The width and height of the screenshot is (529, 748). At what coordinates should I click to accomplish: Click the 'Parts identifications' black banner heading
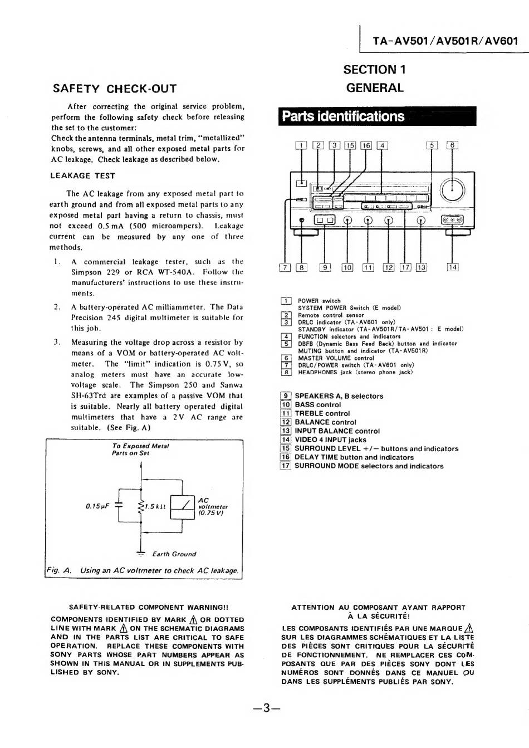point(344,116)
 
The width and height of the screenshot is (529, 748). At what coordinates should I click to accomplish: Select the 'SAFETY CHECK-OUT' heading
point(114,89)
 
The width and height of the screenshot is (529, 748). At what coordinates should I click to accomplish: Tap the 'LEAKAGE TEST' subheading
point(82,175)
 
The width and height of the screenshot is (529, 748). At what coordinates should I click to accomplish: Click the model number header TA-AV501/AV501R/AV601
point(445,41)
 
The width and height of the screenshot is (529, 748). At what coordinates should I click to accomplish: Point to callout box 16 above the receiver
point(366,146)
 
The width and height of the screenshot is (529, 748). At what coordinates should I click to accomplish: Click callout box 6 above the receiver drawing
point(452,145)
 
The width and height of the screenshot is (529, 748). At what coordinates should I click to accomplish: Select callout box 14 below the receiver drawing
point(452,267)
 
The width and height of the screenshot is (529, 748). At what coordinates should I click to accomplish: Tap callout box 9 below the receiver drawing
point(325,267)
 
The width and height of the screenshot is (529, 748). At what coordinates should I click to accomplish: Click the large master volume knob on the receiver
point(452,190)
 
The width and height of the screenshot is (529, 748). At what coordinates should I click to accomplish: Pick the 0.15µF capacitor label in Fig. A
point(97,506)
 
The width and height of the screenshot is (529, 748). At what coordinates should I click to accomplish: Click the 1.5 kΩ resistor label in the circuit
point(155,506)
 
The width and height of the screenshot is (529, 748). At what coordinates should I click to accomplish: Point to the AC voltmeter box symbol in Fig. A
point(183,506)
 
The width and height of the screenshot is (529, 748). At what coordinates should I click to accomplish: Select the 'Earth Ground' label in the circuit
point(174,554)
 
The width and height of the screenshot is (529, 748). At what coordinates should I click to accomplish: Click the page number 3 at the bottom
point(266,708)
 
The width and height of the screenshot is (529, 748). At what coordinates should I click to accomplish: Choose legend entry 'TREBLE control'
point(322,413)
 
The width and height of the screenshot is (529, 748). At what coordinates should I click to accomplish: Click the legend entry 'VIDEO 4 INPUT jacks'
point(330,439)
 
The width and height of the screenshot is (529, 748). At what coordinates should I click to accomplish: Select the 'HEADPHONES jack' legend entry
point(355,372)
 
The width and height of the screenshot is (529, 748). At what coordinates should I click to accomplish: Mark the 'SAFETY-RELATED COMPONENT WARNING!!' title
point(148,608)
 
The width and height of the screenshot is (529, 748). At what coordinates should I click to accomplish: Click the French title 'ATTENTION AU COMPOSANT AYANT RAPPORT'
point(378,608)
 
